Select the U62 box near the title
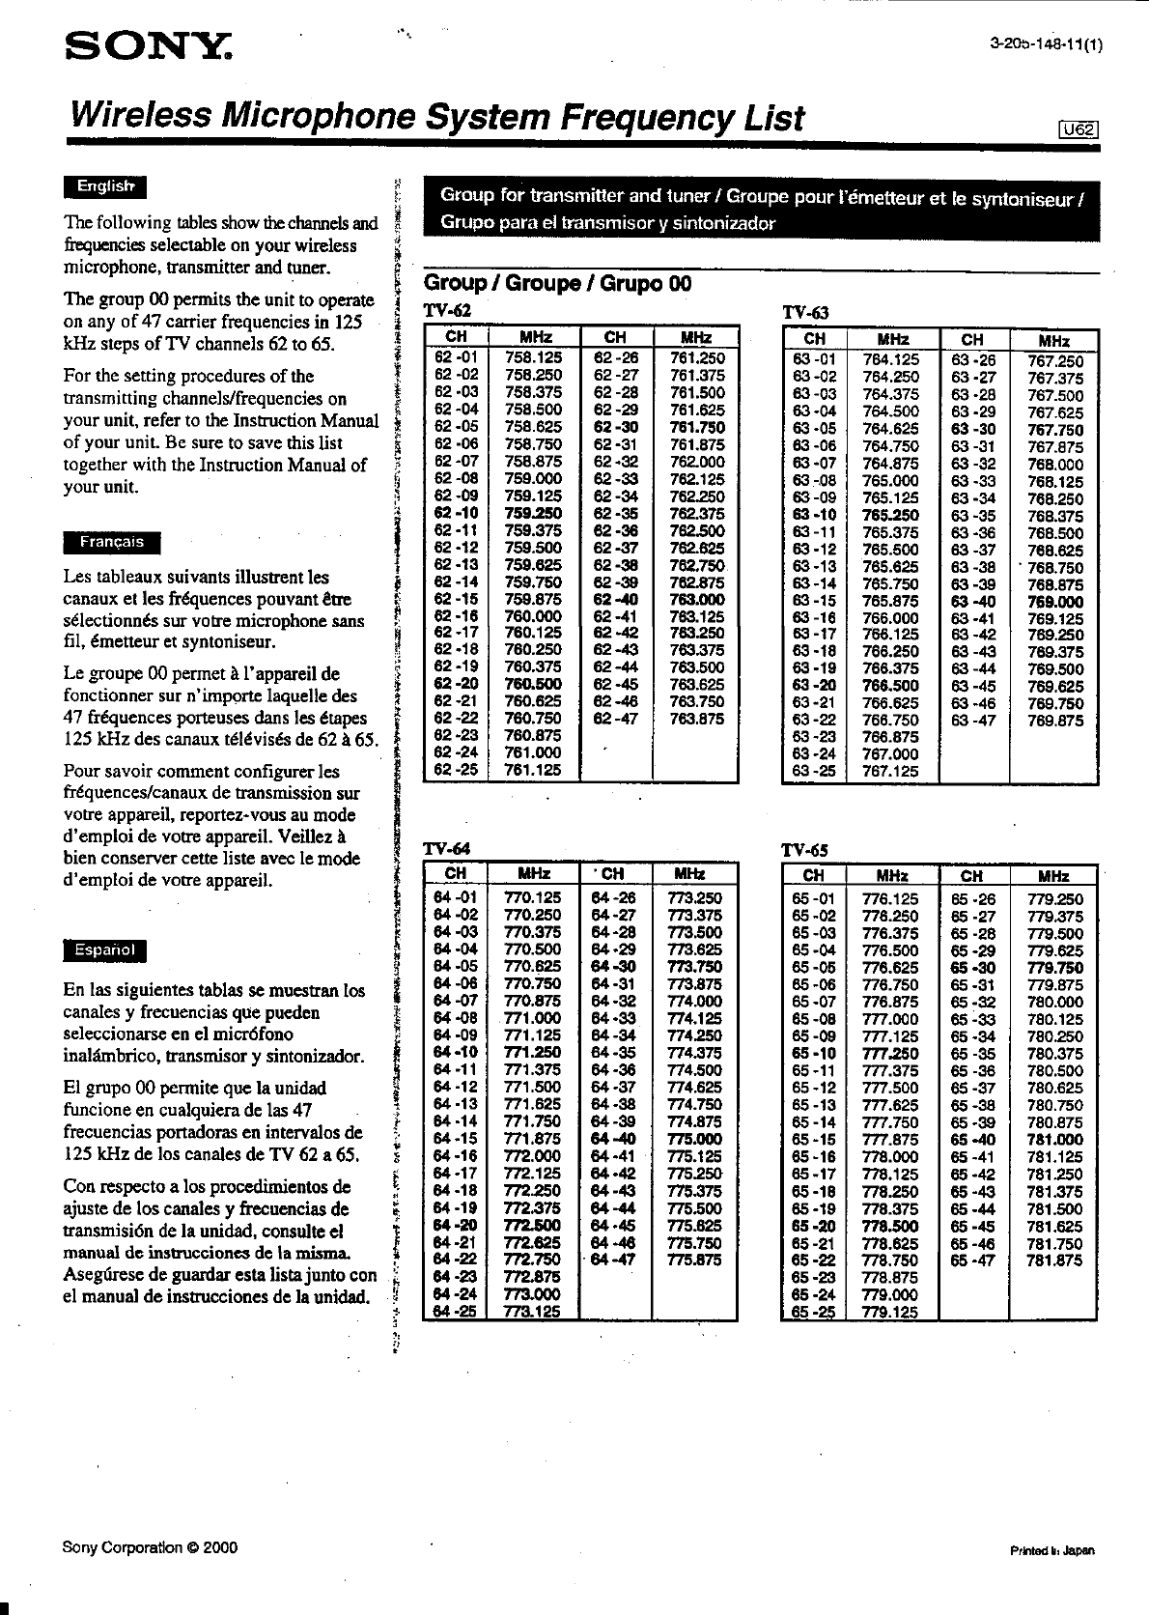tap(1079, 132)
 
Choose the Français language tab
tap(112, 542)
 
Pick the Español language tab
tap(104, 950)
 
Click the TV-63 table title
tap(805, 313)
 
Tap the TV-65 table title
tap(805, 850)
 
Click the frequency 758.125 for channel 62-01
tap(533, 357)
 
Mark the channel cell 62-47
tap(615, 719)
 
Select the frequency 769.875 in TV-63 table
tap(1054, 721)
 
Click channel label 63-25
tap(814, 772)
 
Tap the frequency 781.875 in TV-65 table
tap(1054, 1261)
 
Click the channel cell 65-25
tap(814, 1313)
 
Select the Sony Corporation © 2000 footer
tap(150, 1546)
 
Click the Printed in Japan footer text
tap(1052, 1550)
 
